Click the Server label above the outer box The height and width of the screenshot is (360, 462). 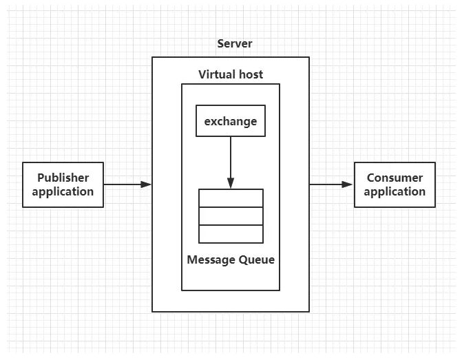pyautogui.click(x=235, y=44)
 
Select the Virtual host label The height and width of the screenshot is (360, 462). pyautogui.click(x=231, y=74)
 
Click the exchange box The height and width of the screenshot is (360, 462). pyautogui.click(x=231, y=121)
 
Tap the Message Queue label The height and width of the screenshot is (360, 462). pyautogui.click(x=231, y=260)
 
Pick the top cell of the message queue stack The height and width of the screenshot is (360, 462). pyautogui.click(x=231, y=198)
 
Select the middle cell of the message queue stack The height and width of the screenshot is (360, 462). pyautogui.click(x=231, y=215)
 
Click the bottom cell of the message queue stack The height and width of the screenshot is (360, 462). pyautogui.click(x=231, y=234)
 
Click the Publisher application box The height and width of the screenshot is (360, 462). pyautogui.click(x=63, y=184)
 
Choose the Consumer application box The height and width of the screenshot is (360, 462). pyautogui.click(x=395, y=184)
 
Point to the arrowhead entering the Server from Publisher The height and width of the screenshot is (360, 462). pyautogui.click(x=146, y=184)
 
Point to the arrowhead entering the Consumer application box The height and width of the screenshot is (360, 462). pyautogui.click(x=348, y=184)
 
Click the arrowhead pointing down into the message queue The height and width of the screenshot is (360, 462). pyautogui.click(x=231, y=183)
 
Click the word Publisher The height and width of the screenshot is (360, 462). pyautogui.click(x=63, y=178)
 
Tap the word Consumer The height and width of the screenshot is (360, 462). pyautogui.click(x=395, y=178)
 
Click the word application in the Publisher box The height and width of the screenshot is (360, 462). pyautogui.click(x=63, y=192)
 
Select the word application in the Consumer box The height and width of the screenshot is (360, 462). pyautogui.click(x=395, y=192)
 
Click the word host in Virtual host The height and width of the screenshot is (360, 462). pyautogui.click(x=250, y=74)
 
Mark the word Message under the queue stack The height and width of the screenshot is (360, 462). pyautogui.click(x=211, y=260)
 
